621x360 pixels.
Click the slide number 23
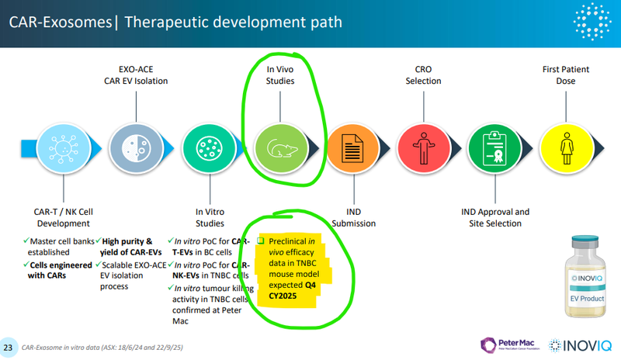[x=9, y=347]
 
